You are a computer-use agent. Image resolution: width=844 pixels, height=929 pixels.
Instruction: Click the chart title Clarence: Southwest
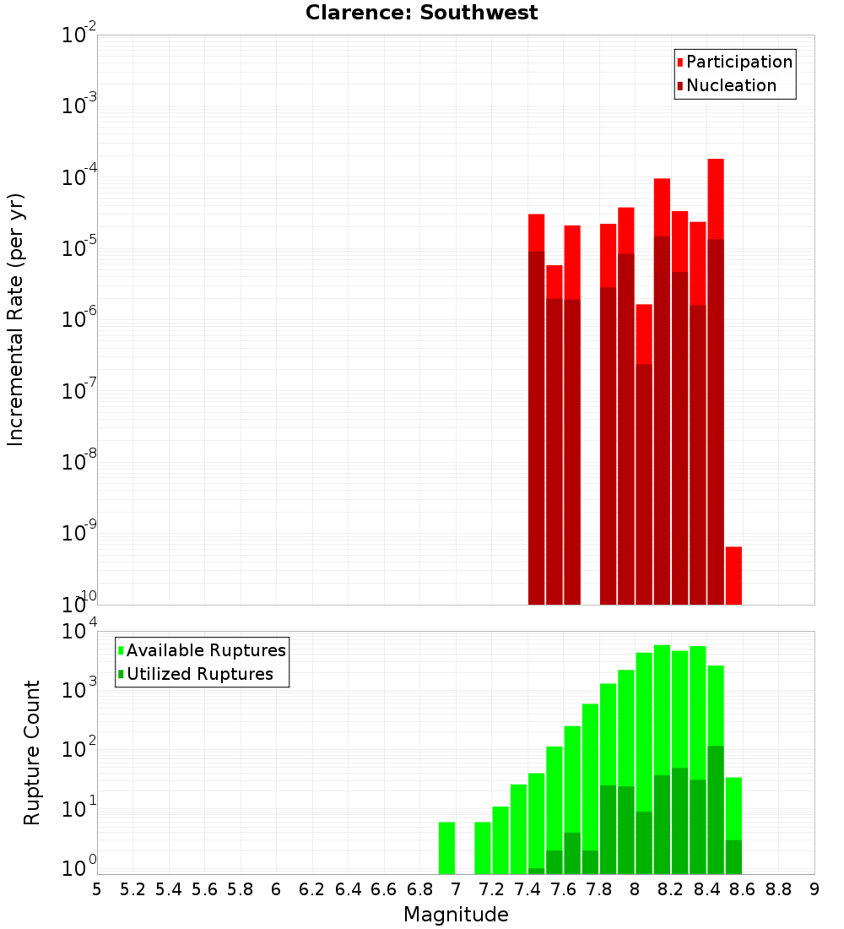coord(421,13)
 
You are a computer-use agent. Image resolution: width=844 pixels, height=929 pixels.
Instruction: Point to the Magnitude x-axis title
coord(456,915)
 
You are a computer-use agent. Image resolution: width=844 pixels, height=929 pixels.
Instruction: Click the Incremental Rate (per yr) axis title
coord(16,319)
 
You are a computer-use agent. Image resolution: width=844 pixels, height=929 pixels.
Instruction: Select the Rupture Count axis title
coord(32,752)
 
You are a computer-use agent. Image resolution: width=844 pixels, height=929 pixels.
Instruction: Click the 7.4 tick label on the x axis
coord(527,889)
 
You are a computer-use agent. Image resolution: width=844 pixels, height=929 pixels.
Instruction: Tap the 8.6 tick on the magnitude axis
coord(743,889)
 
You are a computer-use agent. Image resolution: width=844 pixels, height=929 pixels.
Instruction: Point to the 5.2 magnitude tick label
coord(133,889)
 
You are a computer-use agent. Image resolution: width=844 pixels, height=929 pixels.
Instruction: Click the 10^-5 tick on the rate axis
coord(79,247)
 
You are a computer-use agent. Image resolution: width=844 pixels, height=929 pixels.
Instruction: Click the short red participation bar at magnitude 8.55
coord(733,575)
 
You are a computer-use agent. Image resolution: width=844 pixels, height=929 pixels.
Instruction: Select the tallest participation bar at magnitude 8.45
coord(716,198)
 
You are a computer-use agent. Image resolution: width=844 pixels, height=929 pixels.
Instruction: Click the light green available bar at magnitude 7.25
coord(500,839)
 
